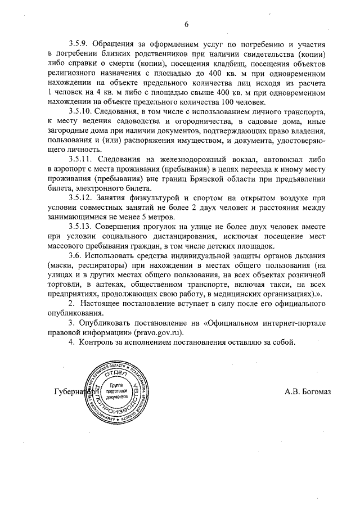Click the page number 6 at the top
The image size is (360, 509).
pos(186,24)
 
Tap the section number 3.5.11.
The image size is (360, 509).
pos(83,159)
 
